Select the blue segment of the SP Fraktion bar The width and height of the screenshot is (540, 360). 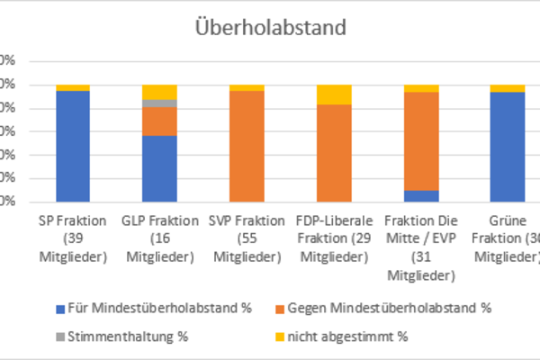73,146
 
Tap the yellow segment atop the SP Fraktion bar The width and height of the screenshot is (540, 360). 73,87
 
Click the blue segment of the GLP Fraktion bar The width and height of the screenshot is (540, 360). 159,168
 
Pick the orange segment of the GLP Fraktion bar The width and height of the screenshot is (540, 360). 159,121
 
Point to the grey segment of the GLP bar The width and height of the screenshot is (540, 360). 159,103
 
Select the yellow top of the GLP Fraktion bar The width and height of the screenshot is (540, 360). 159,92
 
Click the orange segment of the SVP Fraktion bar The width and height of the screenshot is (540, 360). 247,146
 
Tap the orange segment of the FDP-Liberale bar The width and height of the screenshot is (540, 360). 334,153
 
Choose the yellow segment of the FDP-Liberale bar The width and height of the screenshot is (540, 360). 334,94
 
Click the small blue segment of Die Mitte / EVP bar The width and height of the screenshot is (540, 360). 420,195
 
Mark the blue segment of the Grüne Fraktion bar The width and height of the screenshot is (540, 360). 508,147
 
